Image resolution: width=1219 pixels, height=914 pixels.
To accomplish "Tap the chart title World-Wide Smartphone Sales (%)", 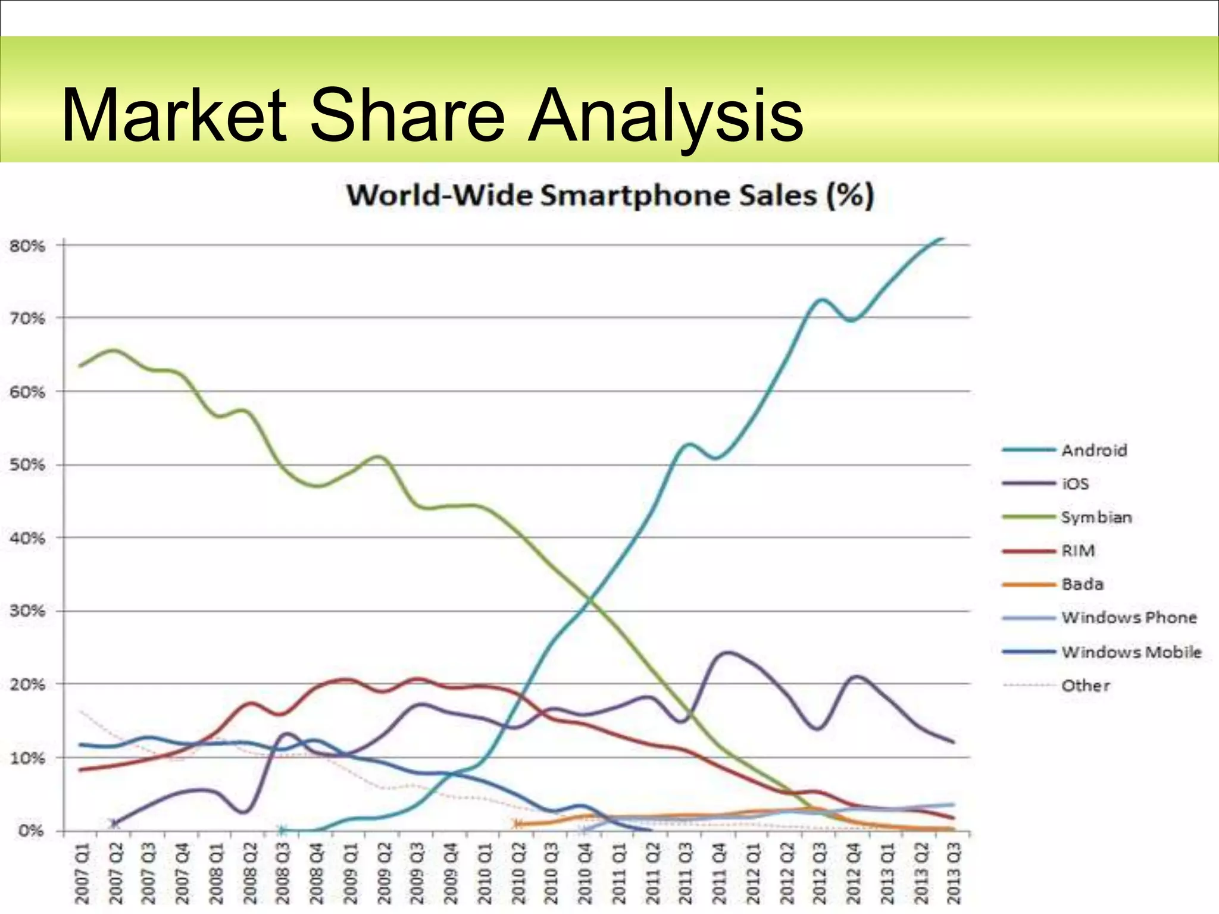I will (x=609, y=196).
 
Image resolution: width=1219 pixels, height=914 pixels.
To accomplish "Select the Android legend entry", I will (x=1094, y=450).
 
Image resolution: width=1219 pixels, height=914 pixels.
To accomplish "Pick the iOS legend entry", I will (x=1075, y=484).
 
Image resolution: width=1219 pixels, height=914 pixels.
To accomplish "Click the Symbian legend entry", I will (x=1096, y=517).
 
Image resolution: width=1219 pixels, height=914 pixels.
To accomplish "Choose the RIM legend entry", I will (x=1078, y=551).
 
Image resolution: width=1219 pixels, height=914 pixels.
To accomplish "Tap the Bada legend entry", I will (x=1082, y=584).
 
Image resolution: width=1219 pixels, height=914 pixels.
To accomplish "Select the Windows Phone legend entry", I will (x=1129, y=618).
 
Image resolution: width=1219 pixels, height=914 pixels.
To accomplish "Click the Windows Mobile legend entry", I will (x=1131, y=652).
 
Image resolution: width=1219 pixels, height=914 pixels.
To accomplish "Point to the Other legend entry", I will (x=1085, y=685).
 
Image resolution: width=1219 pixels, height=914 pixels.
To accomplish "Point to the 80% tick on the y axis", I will (x=27, y=246).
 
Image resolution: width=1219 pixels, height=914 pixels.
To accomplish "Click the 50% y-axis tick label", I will (x=27, y=465).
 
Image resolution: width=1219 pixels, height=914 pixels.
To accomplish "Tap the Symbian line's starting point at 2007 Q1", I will (x=80, y=366).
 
